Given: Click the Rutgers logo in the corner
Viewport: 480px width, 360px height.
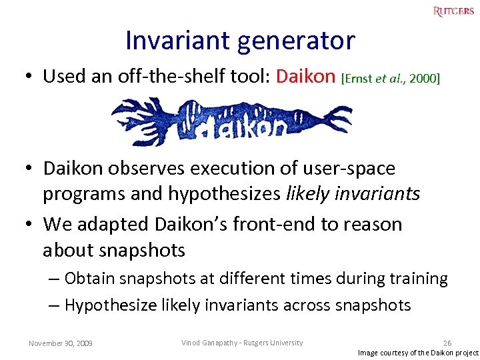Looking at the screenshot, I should click(453, 11).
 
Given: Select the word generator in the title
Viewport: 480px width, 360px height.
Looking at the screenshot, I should click(296, 41).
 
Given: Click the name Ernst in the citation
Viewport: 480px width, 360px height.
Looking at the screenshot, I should click(359, 78).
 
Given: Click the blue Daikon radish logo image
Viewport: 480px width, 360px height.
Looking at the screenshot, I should click(231, 122).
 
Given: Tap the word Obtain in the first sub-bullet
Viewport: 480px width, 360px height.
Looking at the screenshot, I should click(89, 278).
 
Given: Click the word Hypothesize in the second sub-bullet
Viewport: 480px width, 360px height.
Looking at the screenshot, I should click(111, 305).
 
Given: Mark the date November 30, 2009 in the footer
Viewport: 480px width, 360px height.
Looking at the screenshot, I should click(61, 343).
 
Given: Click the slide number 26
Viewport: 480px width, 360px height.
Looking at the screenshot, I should click(447, 343).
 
